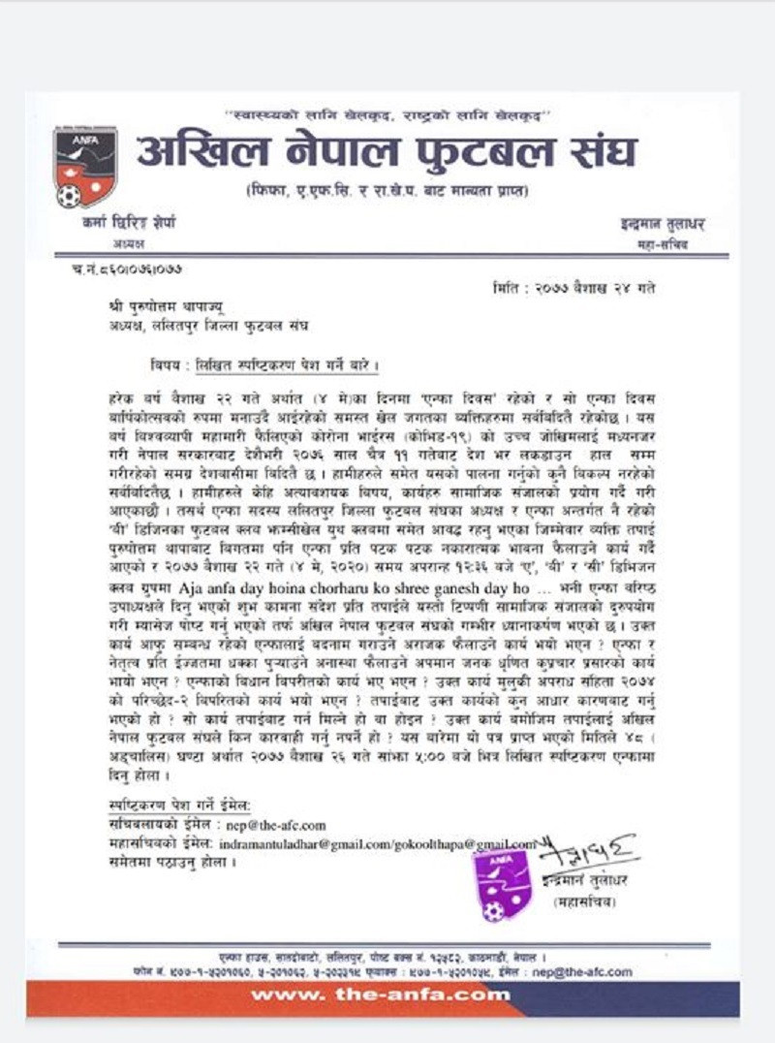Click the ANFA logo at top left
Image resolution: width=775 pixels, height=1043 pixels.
click(x=85, y=166)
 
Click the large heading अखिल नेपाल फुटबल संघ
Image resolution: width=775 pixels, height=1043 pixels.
click(x=387, y=152)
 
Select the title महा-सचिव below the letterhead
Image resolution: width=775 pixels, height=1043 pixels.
click(x=663, y=245)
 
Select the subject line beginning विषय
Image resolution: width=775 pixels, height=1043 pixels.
click(x=257, y=365)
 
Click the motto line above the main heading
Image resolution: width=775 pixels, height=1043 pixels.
click(x=387, y=113)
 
